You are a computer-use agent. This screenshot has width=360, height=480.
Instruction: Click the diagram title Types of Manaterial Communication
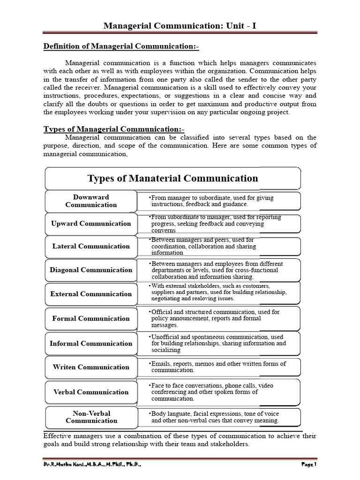(x=172, y=178)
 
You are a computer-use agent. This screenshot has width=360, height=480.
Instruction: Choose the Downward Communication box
(x=91, y=201)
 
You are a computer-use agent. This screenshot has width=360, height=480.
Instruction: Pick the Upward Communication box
(x=91, y=224)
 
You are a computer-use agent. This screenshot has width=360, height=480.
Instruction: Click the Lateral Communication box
(x=91, y=246)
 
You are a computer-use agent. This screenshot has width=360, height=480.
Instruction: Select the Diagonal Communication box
(x=91, y=270)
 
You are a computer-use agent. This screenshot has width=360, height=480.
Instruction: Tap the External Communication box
(x=91, y=294)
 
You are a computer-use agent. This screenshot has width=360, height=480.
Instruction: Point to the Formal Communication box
(x=91, y=319)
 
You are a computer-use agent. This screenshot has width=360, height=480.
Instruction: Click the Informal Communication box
(x=91, y=344)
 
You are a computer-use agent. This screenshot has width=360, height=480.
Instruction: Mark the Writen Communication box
(x=91, y=367)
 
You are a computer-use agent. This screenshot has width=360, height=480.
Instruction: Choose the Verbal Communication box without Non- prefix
(x=91, y=392)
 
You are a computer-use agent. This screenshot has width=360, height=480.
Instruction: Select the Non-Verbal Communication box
(x=91, y=417)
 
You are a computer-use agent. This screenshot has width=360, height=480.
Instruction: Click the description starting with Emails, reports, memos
(x=218, y=367)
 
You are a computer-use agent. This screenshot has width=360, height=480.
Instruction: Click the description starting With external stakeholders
(x=218, y=292)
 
